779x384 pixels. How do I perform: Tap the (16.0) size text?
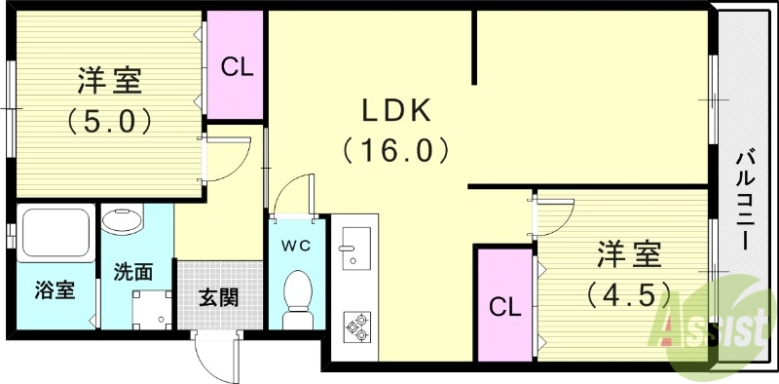coord(395,151)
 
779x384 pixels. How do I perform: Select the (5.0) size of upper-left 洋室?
coord(108,122)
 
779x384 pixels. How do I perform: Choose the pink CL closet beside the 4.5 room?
coord(504,307)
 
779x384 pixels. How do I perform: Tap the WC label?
coord(296,246)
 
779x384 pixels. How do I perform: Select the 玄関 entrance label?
coord(219,298)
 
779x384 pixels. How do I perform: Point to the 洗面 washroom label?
coord(133,272)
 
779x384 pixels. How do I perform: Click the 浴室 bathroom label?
coord(55,289)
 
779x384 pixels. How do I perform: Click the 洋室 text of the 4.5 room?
coord(628,255)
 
